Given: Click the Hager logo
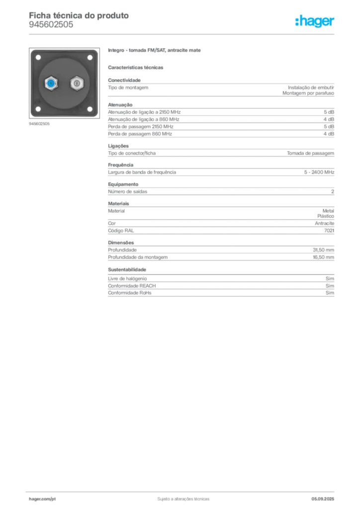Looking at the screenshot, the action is [315, 21].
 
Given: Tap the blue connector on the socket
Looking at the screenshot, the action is [51, 84].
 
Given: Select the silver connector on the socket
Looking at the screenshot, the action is [77, 84].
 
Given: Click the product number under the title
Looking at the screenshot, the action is [51, 25].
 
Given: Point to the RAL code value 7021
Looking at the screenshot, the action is [329, 231].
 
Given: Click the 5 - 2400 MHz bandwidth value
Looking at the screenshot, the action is [319, 172].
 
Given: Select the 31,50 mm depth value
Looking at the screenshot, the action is [323, 250].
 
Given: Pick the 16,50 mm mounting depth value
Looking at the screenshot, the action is [323, 257].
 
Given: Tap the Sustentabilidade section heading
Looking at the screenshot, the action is [127, 269].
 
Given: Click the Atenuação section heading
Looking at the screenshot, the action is [120, 105].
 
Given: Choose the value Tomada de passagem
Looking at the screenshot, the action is [310, 153].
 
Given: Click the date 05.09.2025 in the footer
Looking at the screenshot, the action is [323, 499].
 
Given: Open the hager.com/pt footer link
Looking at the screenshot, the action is [42, 499].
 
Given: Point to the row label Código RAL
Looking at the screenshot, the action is [121, 231].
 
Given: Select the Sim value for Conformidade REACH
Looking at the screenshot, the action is [330, 286].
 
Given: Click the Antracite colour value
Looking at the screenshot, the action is [324, 223].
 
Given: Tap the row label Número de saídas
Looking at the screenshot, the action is [128, 191].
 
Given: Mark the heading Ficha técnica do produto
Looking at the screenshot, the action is [79, 15].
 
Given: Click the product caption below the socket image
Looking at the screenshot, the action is [39, 124].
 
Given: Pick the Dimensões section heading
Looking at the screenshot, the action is [121, 243].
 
